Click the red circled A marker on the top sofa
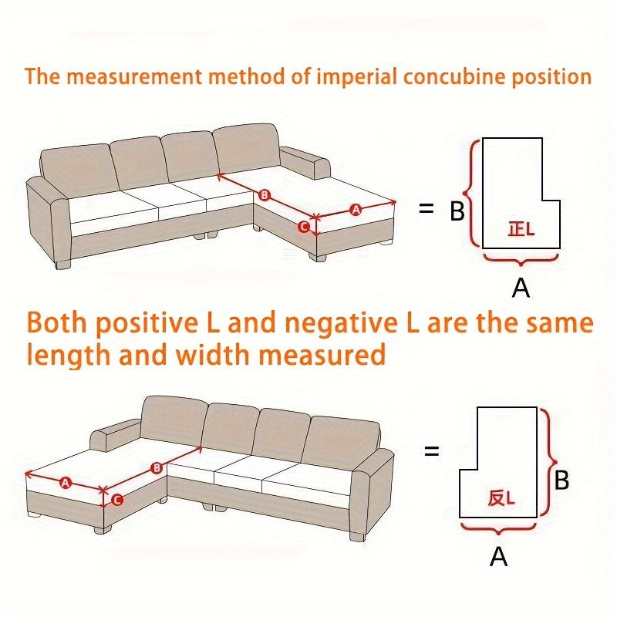[356, 210]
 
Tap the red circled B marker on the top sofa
[265, 195]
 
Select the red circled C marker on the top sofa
[303, 227]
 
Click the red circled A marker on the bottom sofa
[66, 482]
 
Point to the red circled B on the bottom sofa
[157, 468]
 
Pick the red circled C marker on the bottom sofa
[117, 500]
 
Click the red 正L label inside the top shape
[521, 229]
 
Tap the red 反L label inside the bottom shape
[501, 498]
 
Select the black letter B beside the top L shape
[457, 211]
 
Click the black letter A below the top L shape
[521, 288]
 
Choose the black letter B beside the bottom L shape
[561, 480]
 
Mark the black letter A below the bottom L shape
[498, 556]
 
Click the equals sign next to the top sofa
[427, 208]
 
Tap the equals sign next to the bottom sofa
[432, 451]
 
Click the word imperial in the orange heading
[357, 76]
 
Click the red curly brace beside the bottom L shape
[548, 462]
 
